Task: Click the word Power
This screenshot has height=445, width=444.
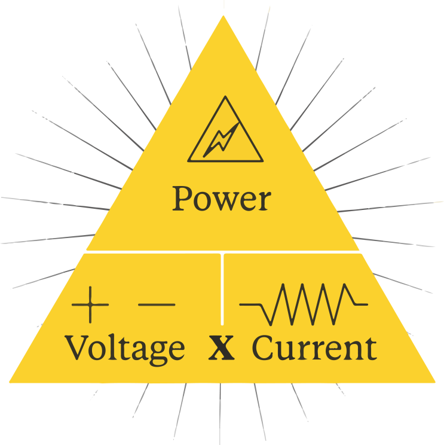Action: tap(222, 199)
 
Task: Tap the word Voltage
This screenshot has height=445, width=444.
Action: tap(125, 349)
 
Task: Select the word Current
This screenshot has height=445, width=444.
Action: tap(314, 348)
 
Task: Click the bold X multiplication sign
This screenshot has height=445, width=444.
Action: tap(222, 348)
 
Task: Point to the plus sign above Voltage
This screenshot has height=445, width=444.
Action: tap(90, 305)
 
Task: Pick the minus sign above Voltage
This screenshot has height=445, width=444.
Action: tap(157, 305)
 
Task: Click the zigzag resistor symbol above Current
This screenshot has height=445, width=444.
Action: tap(304, 304)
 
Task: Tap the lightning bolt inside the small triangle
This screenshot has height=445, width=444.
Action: tap(221, 139)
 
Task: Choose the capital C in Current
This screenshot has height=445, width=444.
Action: tap(264, 348)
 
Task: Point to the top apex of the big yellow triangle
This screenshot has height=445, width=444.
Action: tap(223, 16)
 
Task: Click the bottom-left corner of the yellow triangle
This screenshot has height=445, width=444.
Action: tap(10, 382)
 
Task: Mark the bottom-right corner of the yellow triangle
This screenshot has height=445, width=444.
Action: tap(434, 382)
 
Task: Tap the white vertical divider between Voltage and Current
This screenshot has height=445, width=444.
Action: tap(222, 289)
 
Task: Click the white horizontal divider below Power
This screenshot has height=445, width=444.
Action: tap(222, 252)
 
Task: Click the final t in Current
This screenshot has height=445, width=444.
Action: tap(371, 349)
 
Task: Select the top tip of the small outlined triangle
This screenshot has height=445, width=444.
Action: tap(225, 96)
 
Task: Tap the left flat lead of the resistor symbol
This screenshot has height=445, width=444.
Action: tap(250, 304)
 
